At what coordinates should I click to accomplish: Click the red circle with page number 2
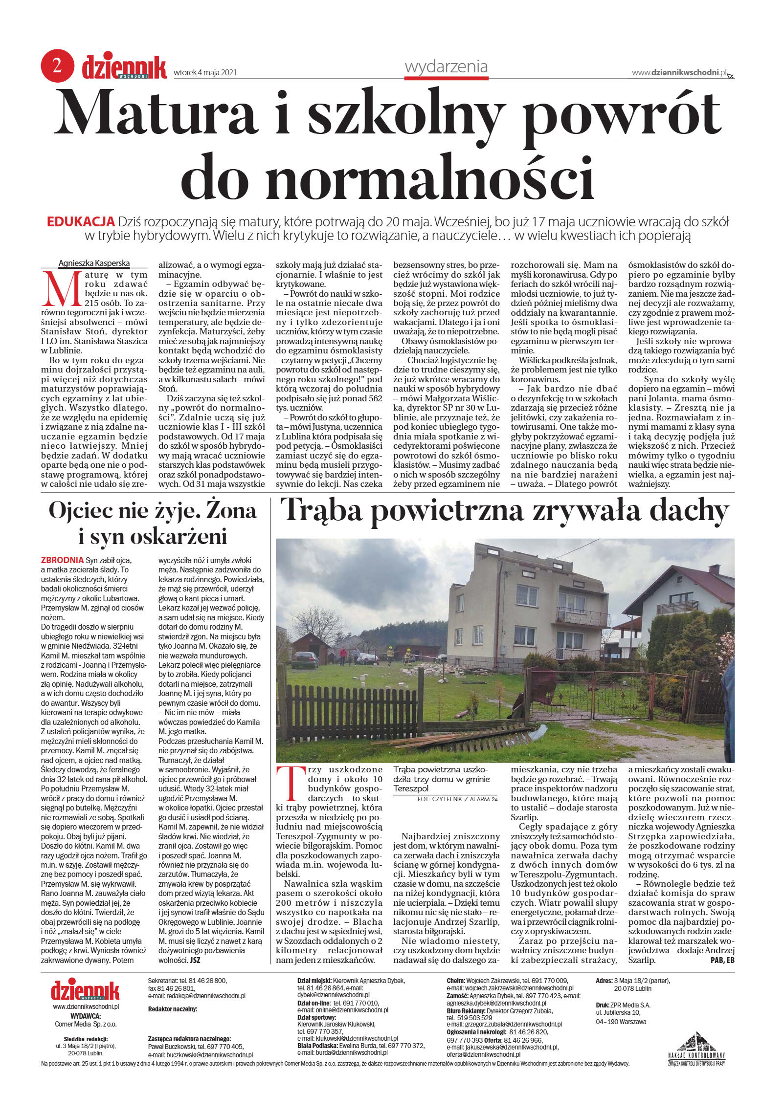[x=57, y=65]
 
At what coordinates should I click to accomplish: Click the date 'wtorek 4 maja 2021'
[x=205, y=73]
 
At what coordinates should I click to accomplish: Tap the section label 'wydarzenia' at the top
[x=446, y=66]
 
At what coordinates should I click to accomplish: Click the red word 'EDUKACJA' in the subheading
[x=81, y=221]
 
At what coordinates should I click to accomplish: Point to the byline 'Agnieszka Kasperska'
[x=94, y=263]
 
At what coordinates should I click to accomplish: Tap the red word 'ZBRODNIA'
[x=62, y=560]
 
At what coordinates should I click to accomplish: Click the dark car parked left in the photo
[x=304, y=659]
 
